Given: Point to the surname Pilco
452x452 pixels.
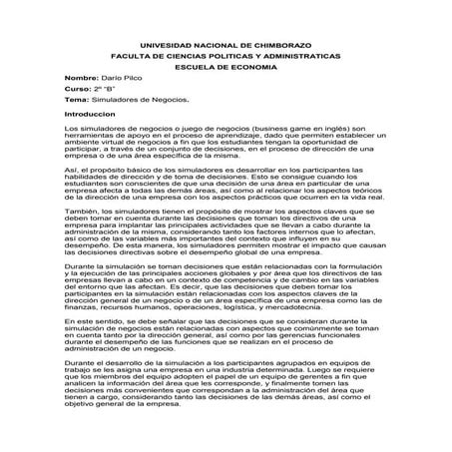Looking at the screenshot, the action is [x=131, y=91].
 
